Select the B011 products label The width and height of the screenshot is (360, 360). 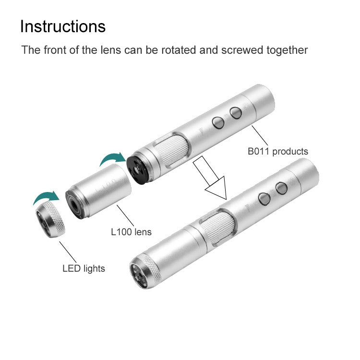[278, 152]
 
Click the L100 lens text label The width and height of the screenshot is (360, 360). [131, 232]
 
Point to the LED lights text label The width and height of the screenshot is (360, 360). [84, 268]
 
